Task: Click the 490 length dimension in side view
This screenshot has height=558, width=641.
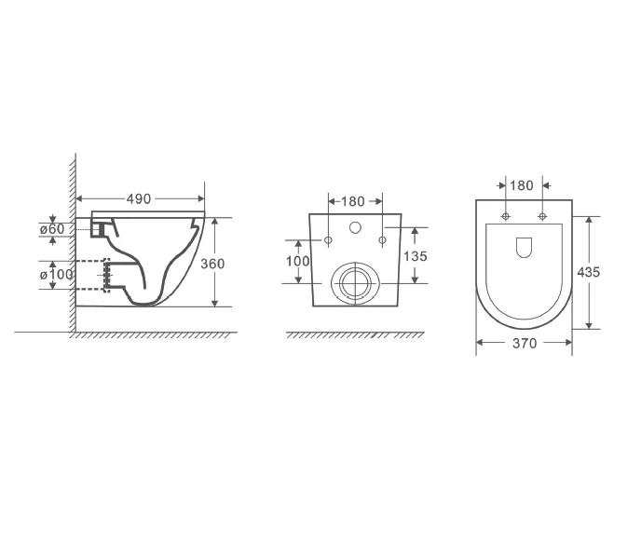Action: coord(139,198)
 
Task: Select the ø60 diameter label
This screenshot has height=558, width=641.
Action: coord(51,229)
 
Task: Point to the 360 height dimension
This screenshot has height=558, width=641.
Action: coord(212,264)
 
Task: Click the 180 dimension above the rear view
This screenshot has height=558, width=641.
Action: coord(353,201)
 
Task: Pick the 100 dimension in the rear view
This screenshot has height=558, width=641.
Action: coord(297,262)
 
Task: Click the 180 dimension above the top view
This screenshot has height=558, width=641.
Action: coord(522,185)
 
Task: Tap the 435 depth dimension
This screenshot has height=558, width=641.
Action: coord(589,272)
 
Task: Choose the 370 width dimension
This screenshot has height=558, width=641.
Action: coord(525,344)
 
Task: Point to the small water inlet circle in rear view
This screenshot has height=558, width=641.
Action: coord(355,226)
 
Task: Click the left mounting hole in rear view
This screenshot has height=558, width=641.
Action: coord(328,241)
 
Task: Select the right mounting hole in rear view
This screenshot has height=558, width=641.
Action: coord(382,241)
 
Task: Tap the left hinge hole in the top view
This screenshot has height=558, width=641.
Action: coord(506,217)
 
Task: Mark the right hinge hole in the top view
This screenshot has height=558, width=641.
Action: coord(542,217)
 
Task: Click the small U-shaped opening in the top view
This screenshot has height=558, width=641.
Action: coord(524,247)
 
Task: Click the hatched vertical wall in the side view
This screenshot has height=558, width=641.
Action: coord(71,242)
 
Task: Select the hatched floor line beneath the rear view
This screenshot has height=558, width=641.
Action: coord(354,334)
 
